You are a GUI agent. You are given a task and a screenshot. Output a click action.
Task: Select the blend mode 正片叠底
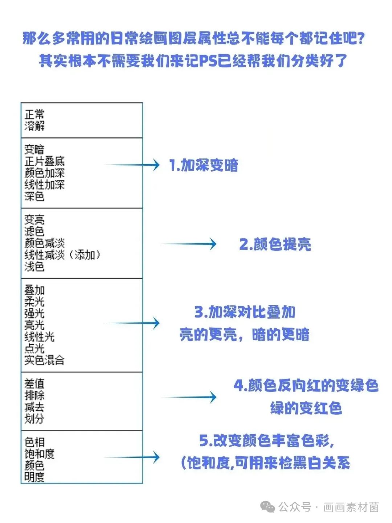click(x=44, y=162)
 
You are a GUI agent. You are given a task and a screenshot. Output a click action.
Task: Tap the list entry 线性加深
click(x=44, y=184)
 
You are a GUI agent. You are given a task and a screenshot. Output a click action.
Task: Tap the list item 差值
click(x=34, y=384)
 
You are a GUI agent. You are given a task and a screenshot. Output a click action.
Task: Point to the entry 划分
click(x=34, y=419)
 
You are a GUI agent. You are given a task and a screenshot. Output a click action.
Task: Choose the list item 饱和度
click(x=39, y=454)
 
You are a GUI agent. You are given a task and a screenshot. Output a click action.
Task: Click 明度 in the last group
click(x=34, y=477)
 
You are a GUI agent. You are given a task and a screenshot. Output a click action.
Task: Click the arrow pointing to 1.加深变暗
click(x=132, y=165)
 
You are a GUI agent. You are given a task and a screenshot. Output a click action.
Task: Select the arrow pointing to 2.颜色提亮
click(x=188, y=244)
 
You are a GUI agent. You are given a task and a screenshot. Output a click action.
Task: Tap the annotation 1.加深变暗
click(x=204, y=165)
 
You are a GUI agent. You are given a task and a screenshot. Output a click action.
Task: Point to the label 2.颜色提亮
click(x=275, y=244)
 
